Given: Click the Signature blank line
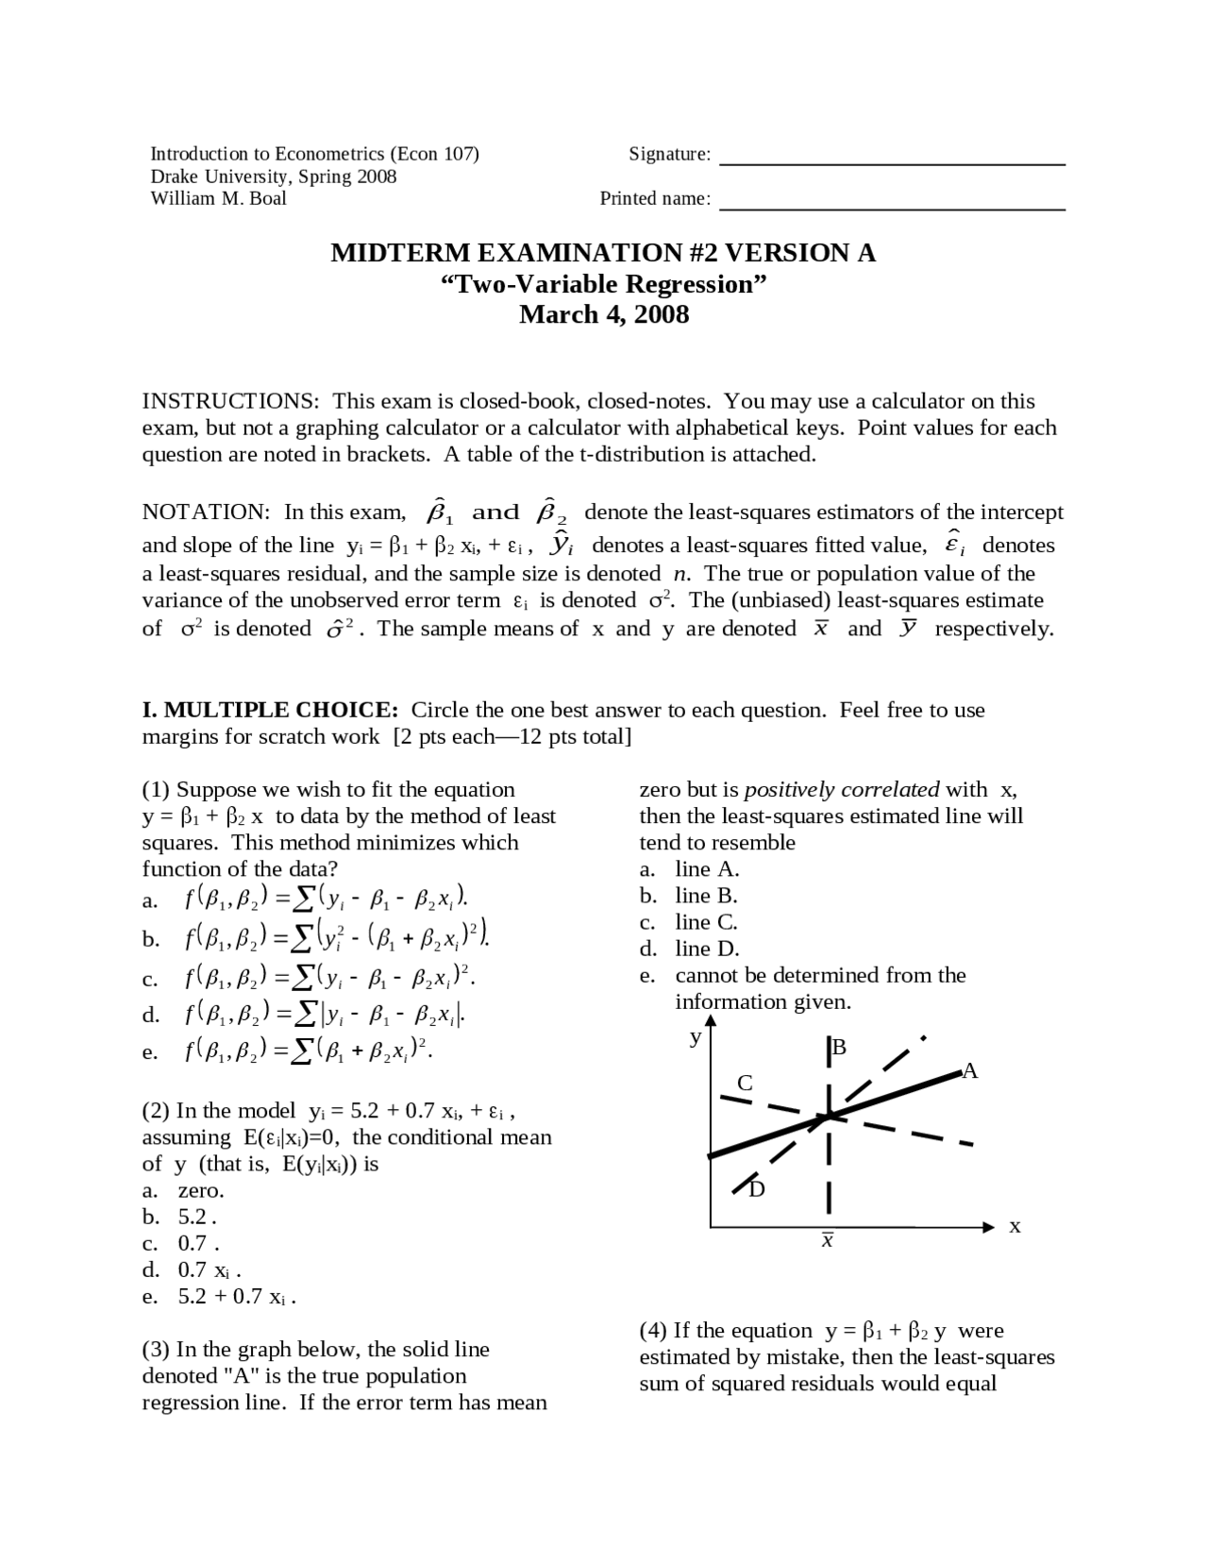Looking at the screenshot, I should [892, 163].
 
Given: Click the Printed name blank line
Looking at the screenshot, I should [892, 208].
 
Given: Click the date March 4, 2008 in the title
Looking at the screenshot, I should [604, 314].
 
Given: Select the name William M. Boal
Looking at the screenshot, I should [218, 198].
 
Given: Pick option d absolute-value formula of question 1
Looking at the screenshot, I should [325, 1015].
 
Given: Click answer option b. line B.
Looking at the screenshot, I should [706, 896].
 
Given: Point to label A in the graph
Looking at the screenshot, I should [970, 1070].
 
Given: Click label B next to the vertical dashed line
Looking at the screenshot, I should [839, 1047].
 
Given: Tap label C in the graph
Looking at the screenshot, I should [745, 1083].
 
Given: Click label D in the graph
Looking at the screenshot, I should [757, 1189].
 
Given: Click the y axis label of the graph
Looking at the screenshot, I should [696, 1038].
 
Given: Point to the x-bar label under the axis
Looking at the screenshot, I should [827, 1240].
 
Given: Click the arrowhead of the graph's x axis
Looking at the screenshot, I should [988, 1227].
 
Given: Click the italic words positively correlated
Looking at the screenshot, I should [841, 790].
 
